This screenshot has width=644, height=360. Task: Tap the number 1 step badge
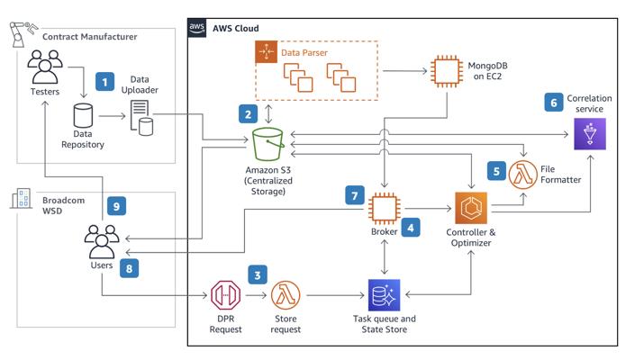click(106, 82)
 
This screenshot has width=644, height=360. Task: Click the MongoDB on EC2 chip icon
click(446, 71)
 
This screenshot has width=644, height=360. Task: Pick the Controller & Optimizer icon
click(471, 209)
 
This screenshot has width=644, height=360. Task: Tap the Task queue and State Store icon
click(385, 295)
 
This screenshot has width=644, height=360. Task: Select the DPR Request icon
click(224, 295)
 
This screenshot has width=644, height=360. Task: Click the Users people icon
click(102, 240)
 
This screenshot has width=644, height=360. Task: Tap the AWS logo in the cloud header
click(197, 28)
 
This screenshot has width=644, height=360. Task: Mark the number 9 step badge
click(116, 206)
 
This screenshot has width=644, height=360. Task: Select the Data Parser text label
click(304, 53)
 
